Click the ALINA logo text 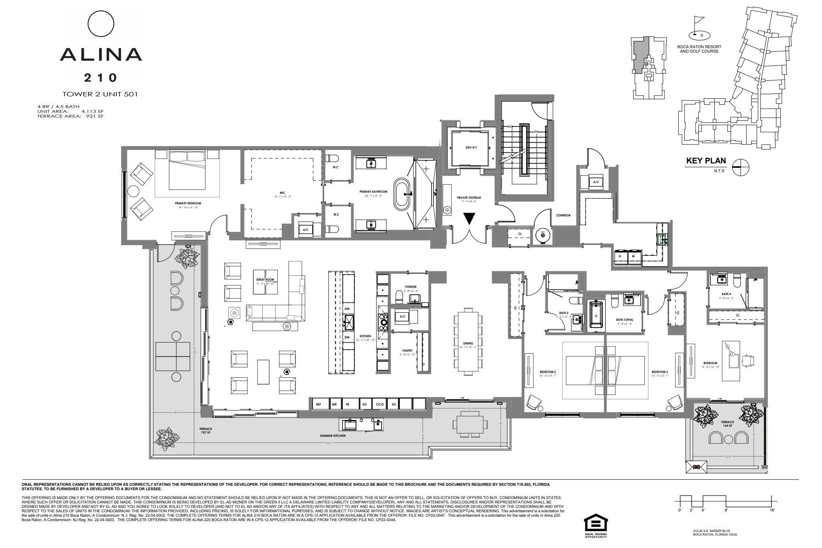101,54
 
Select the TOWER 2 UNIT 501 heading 100,94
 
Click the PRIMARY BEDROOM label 188,204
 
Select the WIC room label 282,192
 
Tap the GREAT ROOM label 265,279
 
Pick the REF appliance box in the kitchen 319,405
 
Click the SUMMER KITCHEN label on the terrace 333,436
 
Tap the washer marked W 634,256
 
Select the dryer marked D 620,256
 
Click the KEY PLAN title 706,161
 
